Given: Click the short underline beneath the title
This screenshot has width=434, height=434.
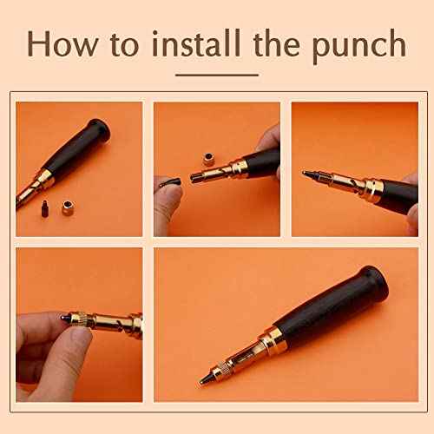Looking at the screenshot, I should (217, 75).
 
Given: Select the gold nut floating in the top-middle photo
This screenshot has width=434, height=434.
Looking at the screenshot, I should (209, 159).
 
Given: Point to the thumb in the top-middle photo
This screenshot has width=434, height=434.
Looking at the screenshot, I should (166, 199).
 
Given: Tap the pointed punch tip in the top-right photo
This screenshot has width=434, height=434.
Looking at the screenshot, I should (306, 173).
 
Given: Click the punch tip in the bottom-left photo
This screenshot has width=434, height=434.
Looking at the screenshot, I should (63, 319).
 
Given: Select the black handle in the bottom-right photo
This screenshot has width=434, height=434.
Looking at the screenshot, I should (339, 308).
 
